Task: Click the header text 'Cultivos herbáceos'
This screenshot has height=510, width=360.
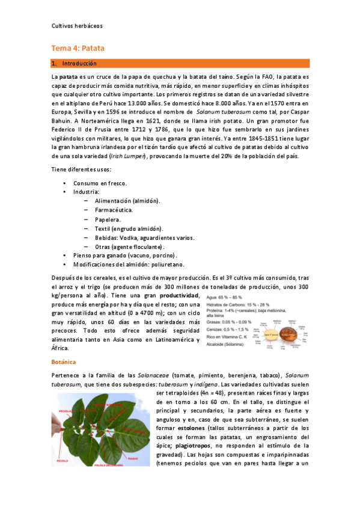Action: (78, 26)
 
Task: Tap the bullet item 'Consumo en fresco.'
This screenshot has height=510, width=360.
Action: (100, 182)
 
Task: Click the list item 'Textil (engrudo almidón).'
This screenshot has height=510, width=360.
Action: (129, 229)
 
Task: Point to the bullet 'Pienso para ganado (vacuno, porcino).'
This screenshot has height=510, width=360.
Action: (129, 256)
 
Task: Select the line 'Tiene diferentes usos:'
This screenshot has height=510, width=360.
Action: (81, 169)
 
